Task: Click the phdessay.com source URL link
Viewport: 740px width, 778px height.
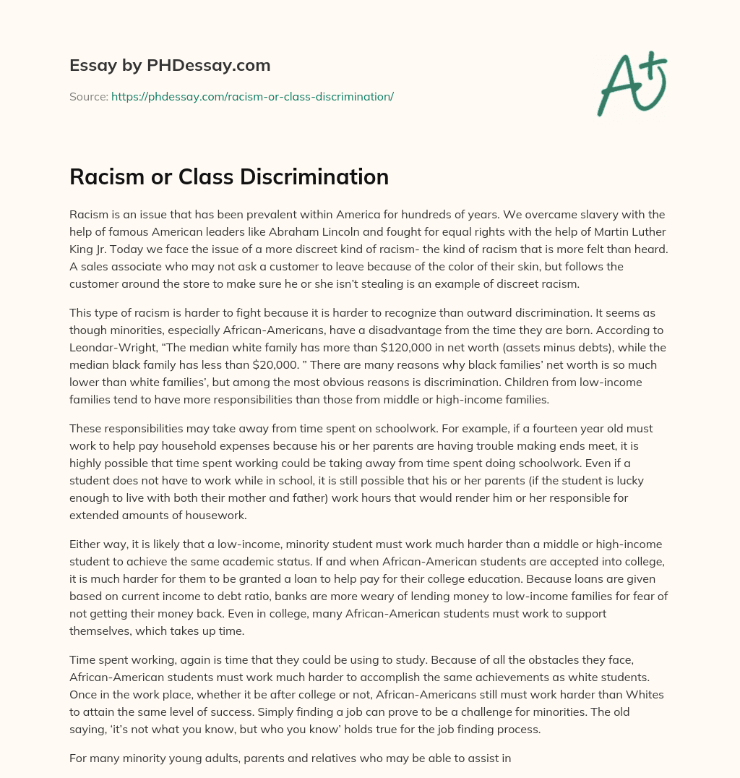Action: (252, 96)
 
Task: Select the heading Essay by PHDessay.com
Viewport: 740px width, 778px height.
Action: (170, 65)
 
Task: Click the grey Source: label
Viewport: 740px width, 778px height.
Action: (89, 96)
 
